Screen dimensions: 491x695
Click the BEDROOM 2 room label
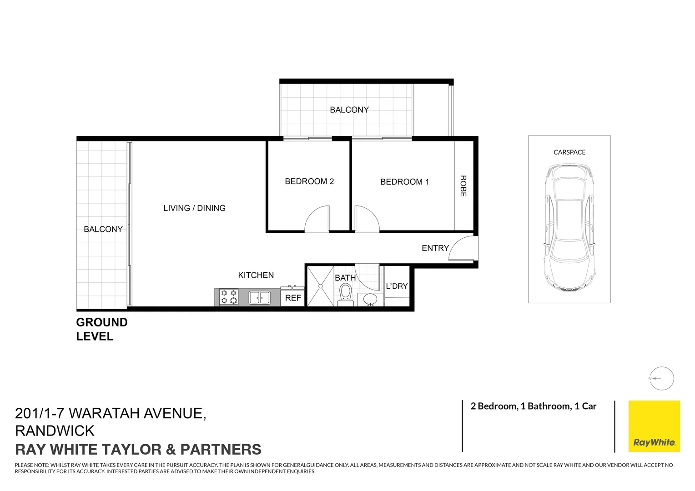(309, 181)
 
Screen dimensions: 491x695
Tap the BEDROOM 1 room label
(404, 182)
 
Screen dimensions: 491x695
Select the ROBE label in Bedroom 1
(463, 186)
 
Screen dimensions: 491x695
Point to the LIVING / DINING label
(194, 208)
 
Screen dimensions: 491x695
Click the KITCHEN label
(256, 275)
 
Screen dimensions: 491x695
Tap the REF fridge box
(293, 298)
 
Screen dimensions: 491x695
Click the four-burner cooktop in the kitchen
(229, 297)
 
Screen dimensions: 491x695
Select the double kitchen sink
(259, 298)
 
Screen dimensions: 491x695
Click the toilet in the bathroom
(345, 293)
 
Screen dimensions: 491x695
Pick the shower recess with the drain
(321, 286)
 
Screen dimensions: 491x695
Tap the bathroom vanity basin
(370, 300)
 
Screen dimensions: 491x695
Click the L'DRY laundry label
(397, 286)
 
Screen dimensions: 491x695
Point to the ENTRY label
(435, 248)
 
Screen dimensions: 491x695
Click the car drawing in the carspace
(569, 227)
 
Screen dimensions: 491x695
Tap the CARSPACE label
(569, 152)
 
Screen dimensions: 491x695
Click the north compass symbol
(661, 378)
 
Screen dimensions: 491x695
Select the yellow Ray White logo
(654, 426)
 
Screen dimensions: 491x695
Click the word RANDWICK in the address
(55, 431)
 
